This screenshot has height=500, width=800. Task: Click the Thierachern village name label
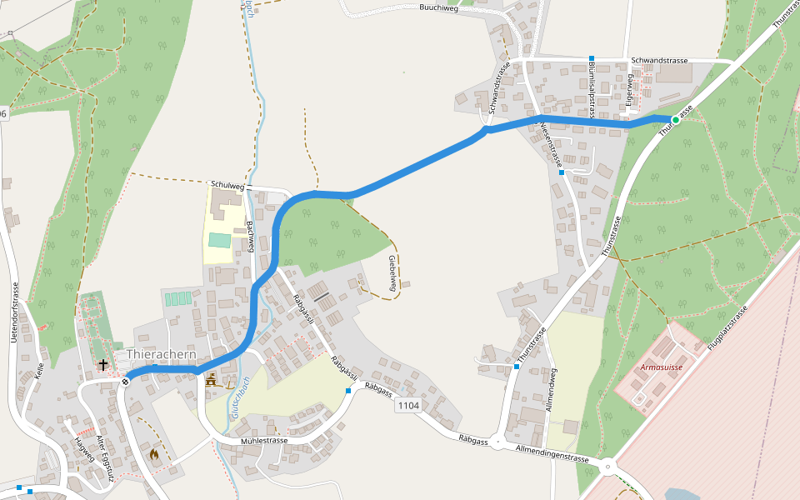[162, 354]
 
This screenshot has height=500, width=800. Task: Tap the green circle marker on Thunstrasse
[676, 120]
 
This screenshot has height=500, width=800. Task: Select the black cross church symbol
[103, 365]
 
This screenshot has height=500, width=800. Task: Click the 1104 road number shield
[408, 406]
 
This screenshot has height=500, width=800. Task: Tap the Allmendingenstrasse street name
[552, 454]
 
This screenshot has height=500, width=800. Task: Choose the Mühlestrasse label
[263, 440]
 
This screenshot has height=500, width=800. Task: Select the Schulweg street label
[226, 184]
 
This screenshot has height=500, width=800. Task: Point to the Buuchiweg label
[439, 7]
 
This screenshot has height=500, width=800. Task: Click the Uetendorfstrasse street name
[16, 311]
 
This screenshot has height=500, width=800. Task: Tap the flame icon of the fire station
[154, 454]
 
